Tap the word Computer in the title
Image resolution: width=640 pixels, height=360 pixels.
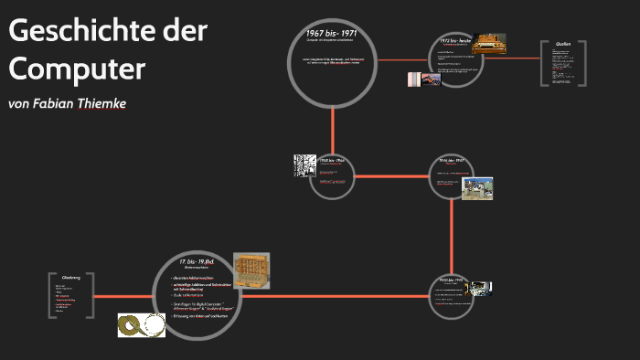click(77, 68)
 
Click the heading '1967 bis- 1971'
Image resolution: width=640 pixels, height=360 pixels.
click(331, 34)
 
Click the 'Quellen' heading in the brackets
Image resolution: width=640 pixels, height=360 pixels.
click(563, 44)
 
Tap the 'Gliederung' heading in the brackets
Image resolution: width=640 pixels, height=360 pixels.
click(71, 277)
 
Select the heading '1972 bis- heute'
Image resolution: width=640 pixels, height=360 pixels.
click(454, 41)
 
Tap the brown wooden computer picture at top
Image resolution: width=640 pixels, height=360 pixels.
click(488, 43)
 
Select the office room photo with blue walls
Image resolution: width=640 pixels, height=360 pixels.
click(477, 189)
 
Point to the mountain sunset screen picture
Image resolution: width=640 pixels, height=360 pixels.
click(424, 79)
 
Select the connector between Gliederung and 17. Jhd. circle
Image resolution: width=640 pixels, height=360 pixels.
click(123, 296)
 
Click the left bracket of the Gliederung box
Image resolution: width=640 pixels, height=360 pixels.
click(53, 295)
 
